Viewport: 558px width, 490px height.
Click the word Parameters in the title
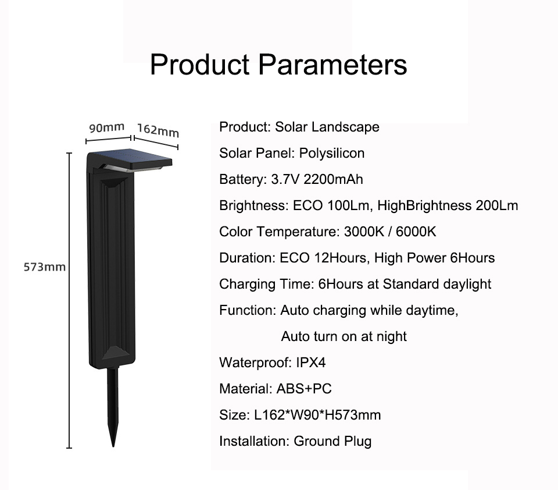tap(332, 65)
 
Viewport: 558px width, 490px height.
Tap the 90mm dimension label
tap(107, 127)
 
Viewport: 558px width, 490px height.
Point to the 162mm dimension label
tap(158, 130)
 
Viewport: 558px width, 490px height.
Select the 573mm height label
tap(45, 267)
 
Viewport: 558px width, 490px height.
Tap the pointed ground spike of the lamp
tap(113, 407)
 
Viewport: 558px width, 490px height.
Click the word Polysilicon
tap(332, 153)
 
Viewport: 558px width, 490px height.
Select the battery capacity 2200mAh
tap(333, 179)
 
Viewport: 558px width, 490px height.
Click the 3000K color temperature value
tap(364, 232)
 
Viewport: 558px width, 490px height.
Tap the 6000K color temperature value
tap(416, 232)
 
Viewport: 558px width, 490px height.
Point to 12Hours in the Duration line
tap(341, 258)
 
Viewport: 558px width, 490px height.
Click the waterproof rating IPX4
tap(310, 363)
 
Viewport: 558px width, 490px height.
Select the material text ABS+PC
tap(304, 389)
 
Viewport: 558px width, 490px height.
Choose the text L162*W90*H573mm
tap(317, 415)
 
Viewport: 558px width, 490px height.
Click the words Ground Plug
tap(332, 441)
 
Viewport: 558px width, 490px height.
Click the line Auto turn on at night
tap(344, 336)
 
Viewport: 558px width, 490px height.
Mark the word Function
tap(248, 310)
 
